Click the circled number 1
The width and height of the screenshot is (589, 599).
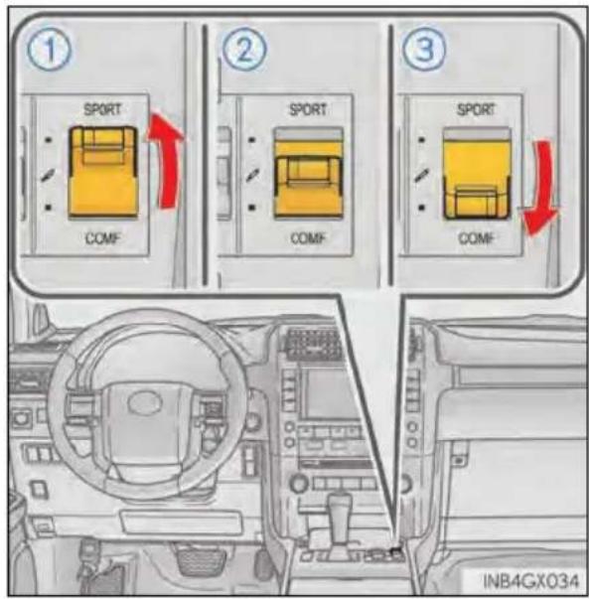click(x=50, y=50)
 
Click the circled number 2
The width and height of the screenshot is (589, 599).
click(x=245, y=50)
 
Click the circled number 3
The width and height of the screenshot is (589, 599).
click(x=424, y=50)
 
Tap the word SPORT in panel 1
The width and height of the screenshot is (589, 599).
click(x=102, y=109)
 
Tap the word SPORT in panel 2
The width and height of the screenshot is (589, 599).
click(x=308, y=109)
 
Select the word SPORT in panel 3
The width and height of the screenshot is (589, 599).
click(x=476, y=109)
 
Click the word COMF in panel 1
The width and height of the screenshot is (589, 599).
click(x=102, y=238)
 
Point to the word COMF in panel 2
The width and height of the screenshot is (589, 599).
click(x=308, y=238)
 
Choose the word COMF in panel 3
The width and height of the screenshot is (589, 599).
click(x=476, y=238)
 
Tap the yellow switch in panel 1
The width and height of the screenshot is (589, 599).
click(x=102, y=172)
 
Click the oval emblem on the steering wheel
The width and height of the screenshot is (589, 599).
click(x=145, y=403)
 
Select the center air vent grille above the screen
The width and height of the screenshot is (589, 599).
click(x=313, y=344)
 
